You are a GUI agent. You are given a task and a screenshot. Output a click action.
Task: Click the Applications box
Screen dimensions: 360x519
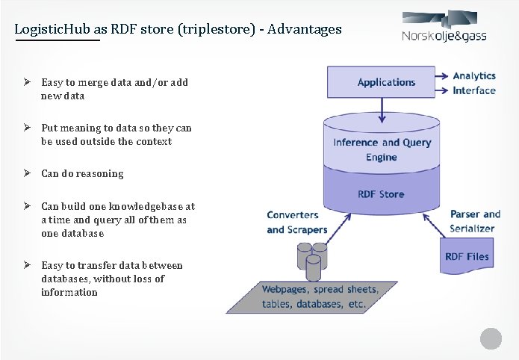click(385, 82)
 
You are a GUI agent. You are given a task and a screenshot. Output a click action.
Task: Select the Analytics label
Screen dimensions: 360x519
click(474, 76)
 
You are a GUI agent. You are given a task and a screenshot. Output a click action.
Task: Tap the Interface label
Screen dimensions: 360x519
click(474, 90)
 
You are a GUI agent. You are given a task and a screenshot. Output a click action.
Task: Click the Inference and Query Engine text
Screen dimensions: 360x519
click(382, 149)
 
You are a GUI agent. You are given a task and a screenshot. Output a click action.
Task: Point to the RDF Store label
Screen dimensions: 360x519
click(381, 194)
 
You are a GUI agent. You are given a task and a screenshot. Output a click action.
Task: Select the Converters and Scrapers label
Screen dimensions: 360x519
click(292, 223)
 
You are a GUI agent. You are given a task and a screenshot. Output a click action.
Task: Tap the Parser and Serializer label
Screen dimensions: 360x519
click(475, 221)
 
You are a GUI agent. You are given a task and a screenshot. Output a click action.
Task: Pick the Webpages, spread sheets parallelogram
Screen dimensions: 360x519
click(320, 297)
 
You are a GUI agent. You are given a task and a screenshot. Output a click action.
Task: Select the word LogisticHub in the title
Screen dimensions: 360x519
click(52, 29)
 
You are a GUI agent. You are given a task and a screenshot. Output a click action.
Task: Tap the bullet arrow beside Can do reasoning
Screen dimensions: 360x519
click(25, 173)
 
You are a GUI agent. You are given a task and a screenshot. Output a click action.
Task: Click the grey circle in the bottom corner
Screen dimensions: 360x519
click(491, 338)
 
